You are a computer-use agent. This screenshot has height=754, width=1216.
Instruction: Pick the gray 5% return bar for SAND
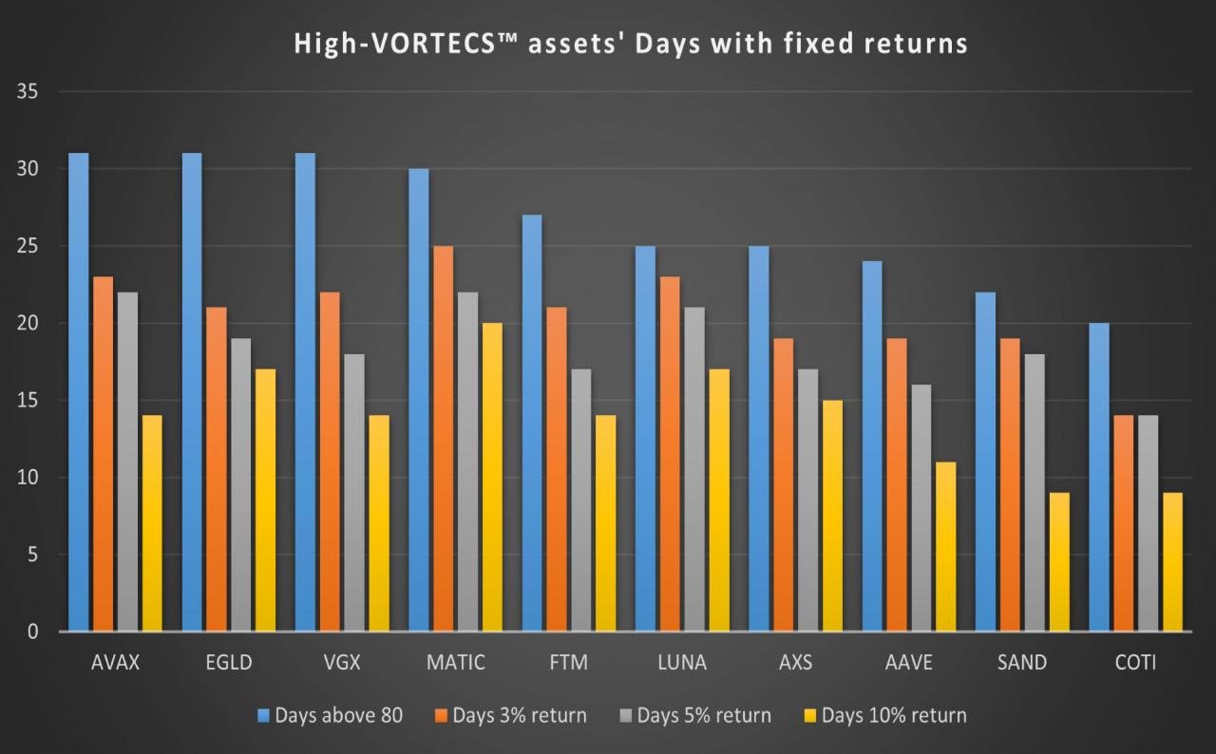[1035, 493]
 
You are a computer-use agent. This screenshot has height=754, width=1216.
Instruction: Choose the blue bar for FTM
[532, 423]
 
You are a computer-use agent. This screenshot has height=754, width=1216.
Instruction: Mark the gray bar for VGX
[354, 493]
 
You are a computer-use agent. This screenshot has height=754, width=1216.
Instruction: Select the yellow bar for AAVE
[945, 547]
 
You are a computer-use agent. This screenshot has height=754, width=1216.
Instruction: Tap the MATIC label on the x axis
[456, 663]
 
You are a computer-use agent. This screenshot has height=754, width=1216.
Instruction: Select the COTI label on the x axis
[1135, 663]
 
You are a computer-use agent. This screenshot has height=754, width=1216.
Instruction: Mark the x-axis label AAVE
[909, 663]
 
